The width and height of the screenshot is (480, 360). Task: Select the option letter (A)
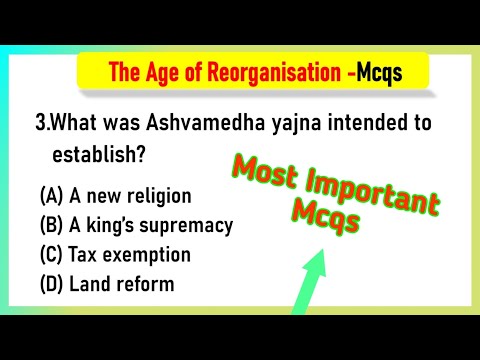tap(50, 196)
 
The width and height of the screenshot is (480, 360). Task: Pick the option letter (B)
tap(50, 225)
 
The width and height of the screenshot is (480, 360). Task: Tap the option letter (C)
tap(50, 254)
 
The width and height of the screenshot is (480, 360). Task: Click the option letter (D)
tap(50, 284)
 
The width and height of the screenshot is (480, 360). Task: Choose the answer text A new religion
tap(127, 196)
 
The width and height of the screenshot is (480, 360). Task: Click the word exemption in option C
tap(148, 254)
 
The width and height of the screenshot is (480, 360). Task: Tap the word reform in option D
tap(145, 284)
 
